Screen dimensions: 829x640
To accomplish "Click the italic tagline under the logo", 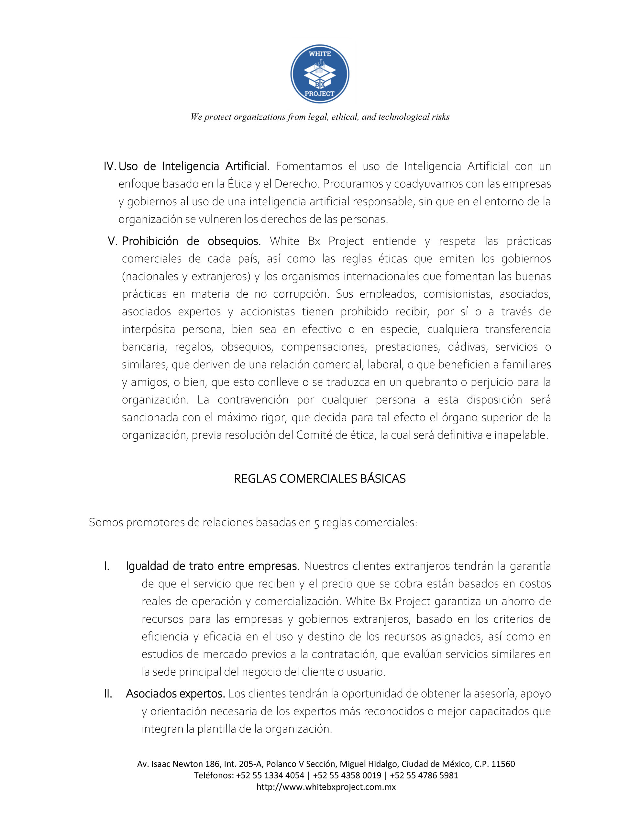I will pyautogui.click(x=320, y=117).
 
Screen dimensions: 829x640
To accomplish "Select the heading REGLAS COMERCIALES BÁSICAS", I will pyautogui.click(x=319, y=479).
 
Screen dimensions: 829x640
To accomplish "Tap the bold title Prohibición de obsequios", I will pyautogui.click(x=191, y=241).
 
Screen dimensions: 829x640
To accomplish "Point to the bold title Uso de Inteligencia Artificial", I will pyautogui.click(x=194, y=166).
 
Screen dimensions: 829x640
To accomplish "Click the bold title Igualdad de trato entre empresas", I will pyautogui.click(x=213, y=566).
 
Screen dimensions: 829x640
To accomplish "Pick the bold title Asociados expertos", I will pyautogui.click(x=175, y=694).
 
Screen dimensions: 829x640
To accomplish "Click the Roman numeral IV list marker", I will pyautogui.click(x=110, y=166).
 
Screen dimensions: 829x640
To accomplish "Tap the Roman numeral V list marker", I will pyautogui.click(x=113, y=241).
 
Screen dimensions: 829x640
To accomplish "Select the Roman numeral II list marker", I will pyautogui.click(x=108, y=694).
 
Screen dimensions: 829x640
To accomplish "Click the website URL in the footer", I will pyautogui.click(x=326, y=787).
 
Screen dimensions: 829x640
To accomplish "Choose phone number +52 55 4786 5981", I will pyautogui.click(x=424, y=775).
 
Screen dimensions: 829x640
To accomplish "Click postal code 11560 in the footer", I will pyautogui.click(x=503, y=764).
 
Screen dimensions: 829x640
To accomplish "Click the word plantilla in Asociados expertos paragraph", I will pyautogui.click(x=216, y=729).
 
